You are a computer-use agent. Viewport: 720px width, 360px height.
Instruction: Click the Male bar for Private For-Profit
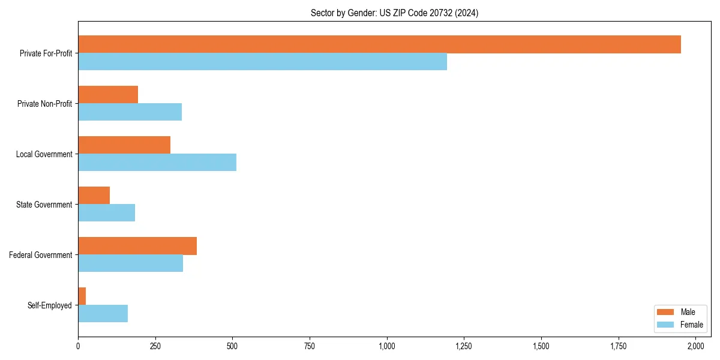379,44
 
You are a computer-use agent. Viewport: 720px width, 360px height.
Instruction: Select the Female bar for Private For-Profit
262,61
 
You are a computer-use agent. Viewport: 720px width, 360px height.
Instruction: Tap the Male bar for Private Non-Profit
108,95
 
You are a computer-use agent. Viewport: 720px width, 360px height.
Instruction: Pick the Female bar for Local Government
157,162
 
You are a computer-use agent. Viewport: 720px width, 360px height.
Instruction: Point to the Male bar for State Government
94,196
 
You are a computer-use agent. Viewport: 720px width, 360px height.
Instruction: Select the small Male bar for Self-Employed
82,296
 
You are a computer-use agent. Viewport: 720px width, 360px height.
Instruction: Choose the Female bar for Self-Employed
103,313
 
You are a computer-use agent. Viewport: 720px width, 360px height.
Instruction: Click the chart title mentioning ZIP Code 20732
394,13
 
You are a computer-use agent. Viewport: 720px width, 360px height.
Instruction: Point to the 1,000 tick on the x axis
387,346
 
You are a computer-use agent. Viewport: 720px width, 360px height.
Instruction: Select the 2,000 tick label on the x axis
695,346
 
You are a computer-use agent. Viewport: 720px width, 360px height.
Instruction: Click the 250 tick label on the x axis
155,346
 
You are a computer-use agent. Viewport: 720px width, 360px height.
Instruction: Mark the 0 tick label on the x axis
78,346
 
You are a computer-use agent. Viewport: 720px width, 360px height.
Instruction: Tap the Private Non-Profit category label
44,104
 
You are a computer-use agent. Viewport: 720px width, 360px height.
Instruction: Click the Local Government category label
44,154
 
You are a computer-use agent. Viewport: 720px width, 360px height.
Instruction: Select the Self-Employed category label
49,305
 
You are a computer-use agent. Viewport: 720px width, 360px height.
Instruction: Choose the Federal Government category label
41,255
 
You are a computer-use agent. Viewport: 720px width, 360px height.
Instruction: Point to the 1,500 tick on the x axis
541,346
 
